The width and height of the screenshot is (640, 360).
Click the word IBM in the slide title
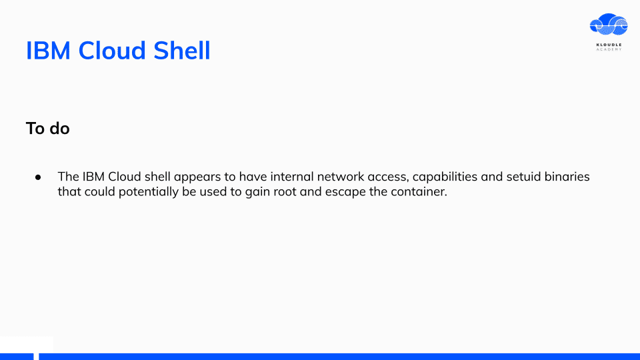[x=48, y=51]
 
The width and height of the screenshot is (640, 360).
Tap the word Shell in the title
[x=181, y=51]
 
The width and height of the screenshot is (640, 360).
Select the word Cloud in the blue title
[x=112, y=51]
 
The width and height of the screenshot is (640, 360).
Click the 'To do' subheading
[x=48, y=129]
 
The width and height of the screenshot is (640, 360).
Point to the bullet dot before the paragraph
[x=38, y=177]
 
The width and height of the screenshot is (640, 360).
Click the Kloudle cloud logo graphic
[x=609, y=25]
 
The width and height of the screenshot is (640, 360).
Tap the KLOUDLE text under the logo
[x=609, y=45]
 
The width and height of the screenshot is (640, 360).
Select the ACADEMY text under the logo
[x=609, y=49]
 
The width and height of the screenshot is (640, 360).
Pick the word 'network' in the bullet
[x=341, y=177]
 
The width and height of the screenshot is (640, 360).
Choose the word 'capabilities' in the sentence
[x=445, y=177]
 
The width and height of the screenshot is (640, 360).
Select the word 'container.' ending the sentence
[x=419, y=192]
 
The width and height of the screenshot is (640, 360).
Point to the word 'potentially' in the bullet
[x=149, y=192]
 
